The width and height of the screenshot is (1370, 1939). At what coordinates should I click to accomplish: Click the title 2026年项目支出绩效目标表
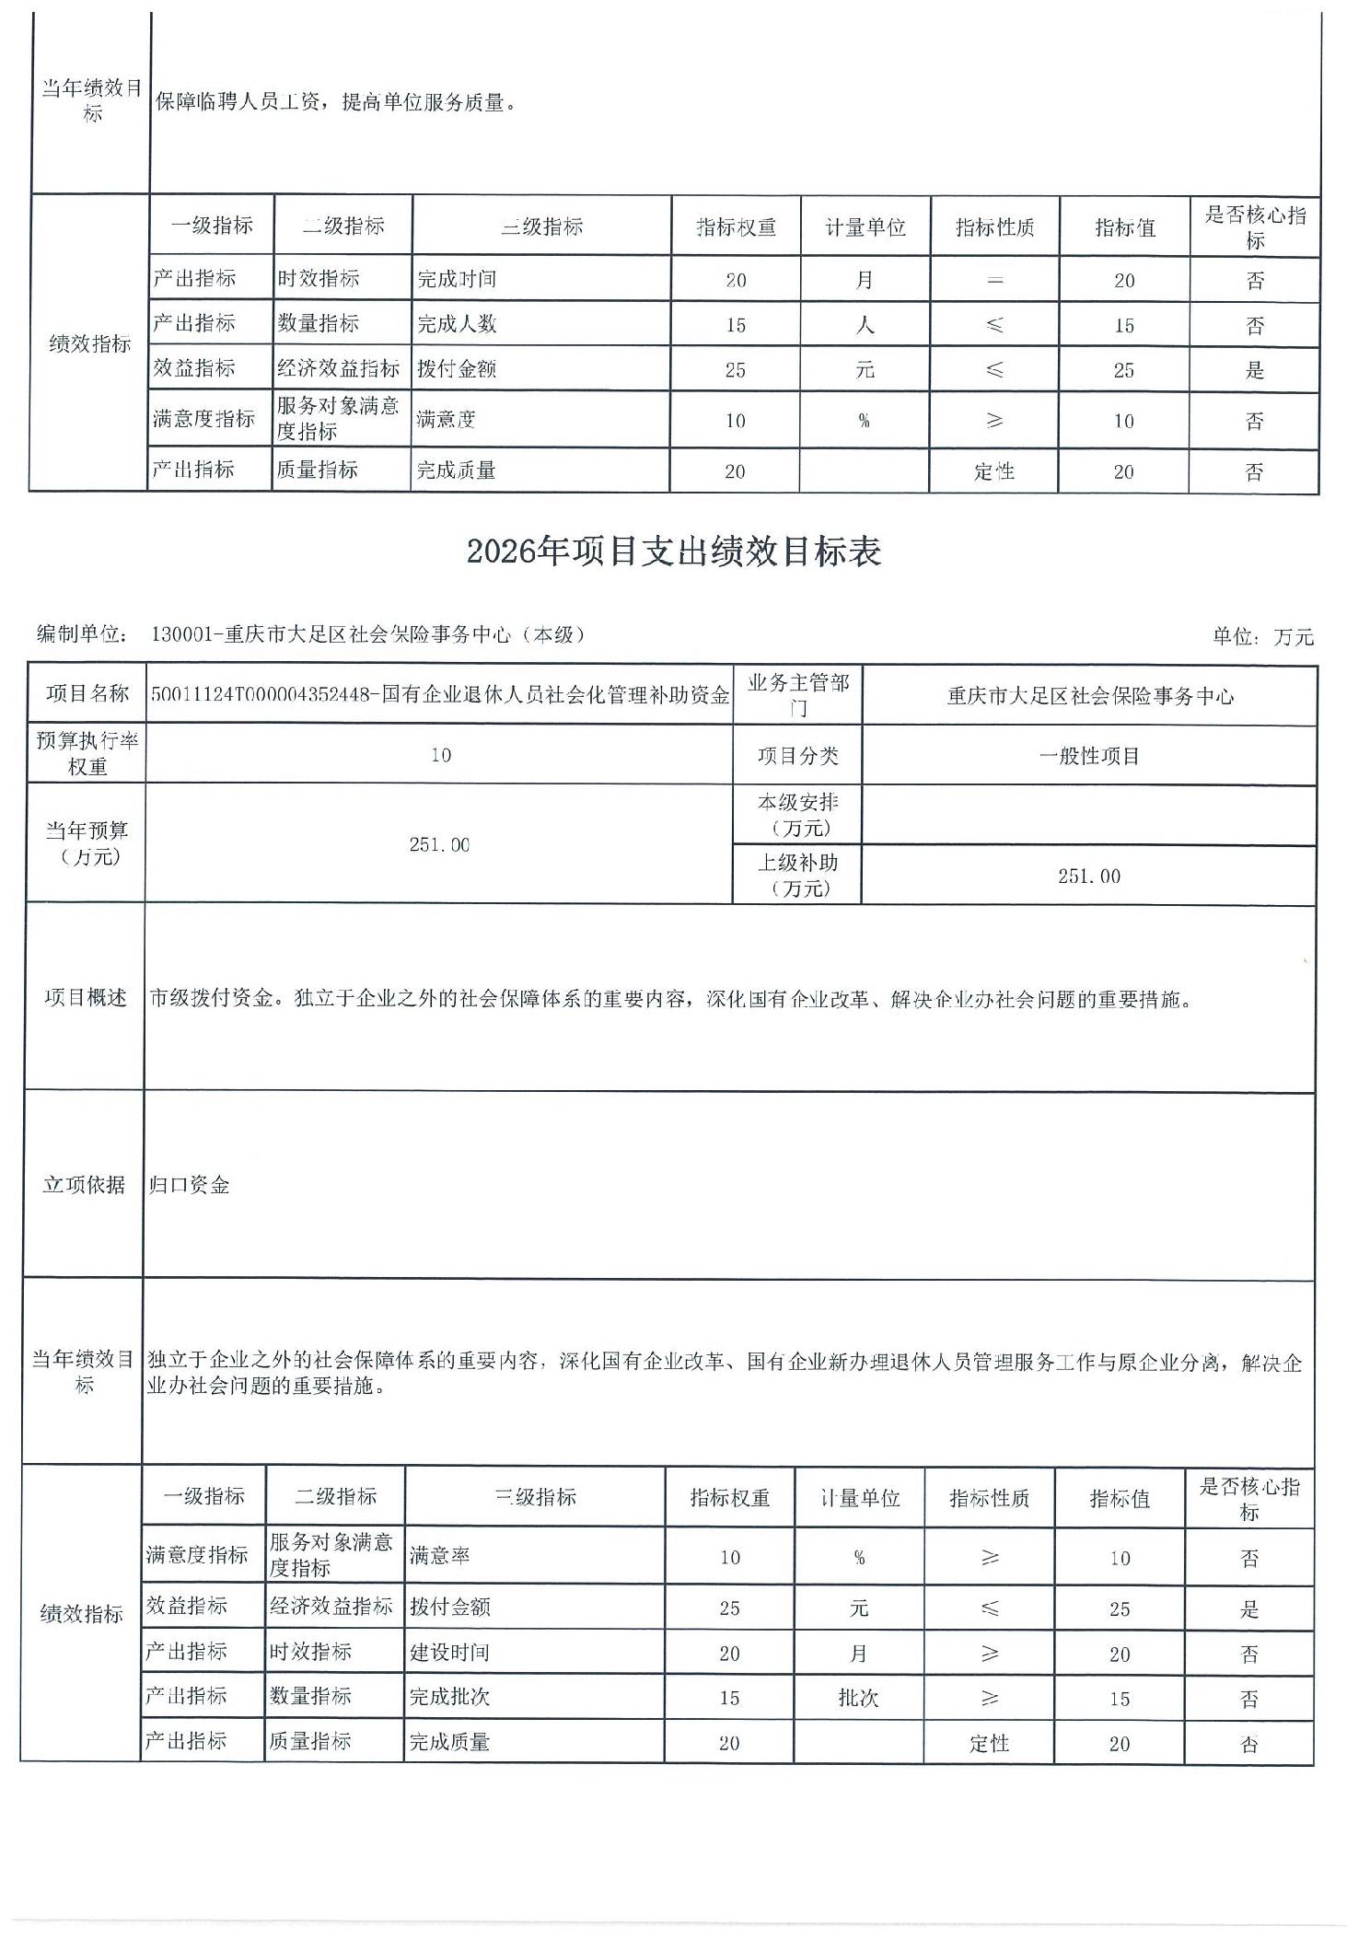[x=673, y=552]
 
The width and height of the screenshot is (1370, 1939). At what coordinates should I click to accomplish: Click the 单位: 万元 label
[x=1262, y=636]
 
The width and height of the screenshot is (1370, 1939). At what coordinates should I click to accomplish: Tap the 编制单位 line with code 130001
[x=311, y=634]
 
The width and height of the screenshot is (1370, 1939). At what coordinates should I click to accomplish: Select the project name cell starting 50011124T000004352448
[x=439, y=695]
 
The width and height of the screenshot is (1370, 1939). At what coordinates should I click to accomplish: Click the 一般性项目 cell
[x=1088, y=756]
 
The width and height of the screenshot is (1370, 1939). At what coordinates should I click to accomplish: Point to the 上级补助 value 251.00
[x=1088, y=876]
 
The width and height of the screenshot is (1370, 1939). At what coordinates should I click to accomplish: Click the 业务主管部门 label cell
[x=797, y=695]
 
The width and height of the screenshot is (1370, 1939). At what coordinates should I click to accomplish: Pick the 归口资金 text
[x=190, y=1185]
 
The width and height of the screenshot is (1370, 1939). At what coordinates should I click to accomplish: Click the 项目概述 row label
[x=86, y=998]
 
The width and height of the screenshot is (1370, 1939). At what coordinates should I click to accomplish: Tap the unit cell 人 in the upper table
[x=865, y=325]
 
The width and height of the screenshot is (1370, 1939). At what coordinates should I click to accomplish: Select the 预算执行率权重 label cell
[x=87, y=754]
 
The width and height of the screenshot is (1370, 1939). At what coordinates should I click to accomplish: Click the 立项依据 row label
[x=84, y=1185]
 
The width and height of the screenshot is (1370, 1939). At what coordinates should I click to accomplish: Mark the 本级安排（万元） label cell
[x=797, y=815]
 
